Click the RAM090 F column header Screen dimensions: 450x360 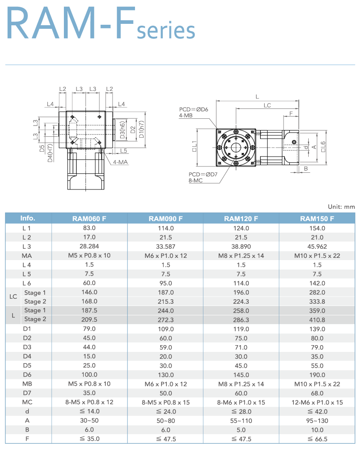point(166,219)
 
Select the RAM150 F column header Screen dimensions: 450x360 point(317,219)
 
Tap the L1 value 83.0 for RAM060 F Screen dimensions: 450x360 point(90,228)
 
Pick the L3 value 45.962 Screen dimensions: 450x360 point(317,247)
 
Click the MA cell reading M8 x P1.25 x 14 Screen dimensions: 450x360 point(241,256)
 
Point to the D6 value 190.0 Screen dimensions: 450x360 point(317,375)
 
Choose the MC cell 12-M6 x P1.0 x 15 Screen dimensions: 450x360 point(317,402)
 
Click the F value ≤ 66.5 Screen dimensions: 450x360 point(317,439)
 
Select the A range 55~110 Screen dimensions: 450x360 point(241,421)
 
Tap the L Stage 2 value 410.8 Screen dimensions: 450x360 point(317,319)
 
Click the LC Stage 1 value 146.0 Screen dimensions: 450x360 point(90,292)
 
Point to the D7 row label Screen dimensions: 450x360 point(27,393)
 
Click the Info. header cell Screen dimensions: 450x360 point(28,218)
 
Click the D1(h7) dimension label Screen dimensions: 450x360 point(142,130)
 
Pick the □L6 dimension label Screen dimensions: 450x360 point(323,146)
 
